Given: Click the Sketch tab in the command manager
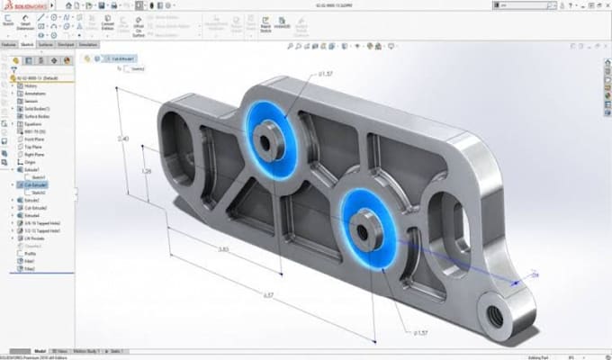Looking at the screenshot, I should coord(29,42).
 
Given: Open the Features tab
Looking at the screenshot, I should coord(9,42).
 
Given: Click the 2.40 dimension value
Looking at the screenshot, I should coord(123,139).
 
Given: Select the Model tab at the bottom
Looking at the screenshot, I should coord(39,350).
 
